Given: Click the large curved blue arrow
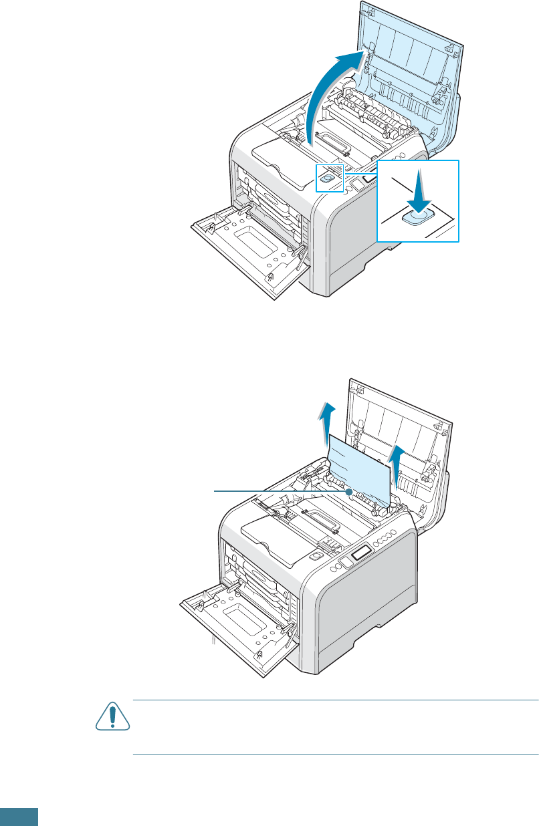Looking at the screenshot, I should click(x=328, y=94).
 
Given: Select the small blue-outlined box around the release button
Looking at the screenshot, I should click(x=328, y=178).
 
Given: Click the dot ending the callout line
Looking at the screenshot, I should click(x=349, y=491).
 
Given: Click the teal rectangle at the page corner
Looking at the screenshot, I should click(x=19, y=817).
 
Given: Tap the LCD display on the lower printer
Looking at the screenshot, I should click(x=359, y=552).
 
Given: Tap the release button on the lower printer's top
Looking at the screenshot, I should click(x=315, y=554).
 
